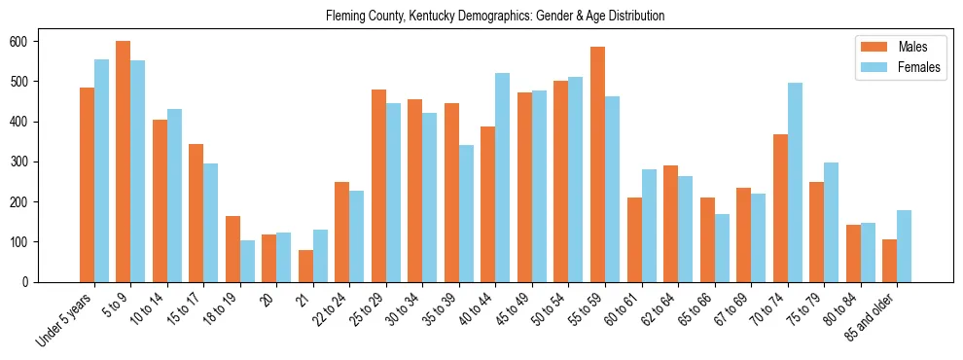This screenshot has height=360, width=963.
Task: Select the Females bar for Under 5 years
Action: pyautogui.click(x=101, y=170)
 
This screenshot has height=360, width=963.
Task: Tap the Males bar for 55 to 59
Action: pyautogui.click(x=597, y=164)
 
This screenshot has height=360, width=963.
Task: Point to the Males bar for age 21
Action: pyautogui.click(x=305, y=266)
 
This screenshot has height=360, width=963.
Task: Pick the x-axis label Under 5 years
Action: pyautogui.click(x=65, y=317)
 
